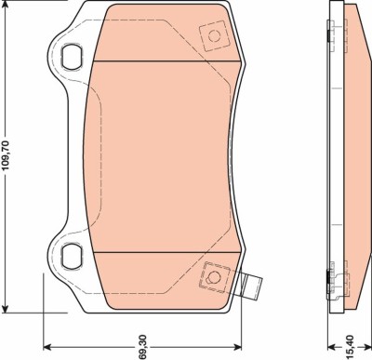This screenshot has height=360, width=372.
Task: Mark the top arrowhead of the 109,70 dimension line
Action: tap(9, 6)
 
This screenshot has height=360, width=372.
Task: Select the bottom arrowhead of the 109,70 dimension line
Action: tap(9, 310)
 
